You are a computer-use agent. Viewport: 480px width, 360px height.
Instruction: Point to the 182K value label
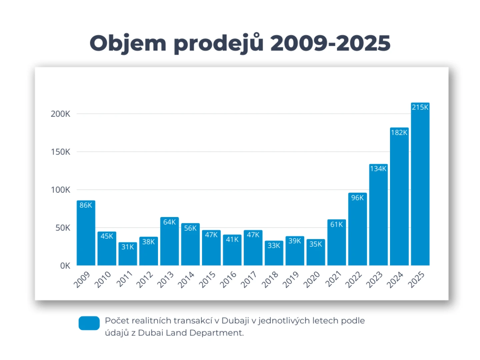click(x=399, y=133)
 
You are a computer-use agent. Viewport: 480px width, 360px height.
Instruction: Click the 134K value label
click(x=378, y=169)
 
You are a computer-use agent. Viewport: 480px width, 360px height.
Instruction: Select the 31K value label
click(x=128, y=247)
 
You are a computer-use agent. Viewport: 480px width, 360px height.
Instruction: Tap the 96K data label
click(x=357, y=198)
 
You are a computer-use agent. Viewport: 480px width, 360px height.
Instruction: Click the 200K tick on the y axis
click(x=60, y=114)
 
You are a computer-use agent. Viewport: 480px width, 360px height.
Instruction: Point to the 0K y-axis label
click(x=65, y=266)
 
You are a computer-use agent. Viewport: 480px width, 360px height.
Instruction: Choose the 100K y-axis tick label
click(x=60, y=190)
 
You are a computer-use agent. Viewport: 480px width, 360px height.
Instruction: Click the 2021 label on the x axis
click(x=333, y=279)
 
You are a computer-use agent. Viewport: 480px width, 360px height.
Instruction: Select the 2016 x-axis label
click(x=228, y=279)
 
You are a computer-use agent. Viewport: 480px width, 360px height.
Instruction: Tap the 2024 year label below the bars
click(x=395, y=279)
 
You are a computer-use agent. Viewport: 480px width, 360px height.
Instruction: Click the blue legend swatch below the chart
click(x=89, y=323)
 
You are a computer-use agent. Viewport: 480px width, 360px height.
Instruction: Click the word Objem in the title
click(x=128, y=43)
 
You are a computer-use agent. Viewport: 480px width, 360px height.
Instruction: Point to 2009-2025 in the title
click(x=330, y=43)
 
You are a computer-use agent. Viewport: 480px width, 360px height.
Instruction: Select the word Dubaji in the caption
click(x=235, y=321)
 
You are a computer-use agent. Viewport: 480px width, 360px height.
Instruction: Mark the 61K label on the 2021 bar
click(x=336, y=225)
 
